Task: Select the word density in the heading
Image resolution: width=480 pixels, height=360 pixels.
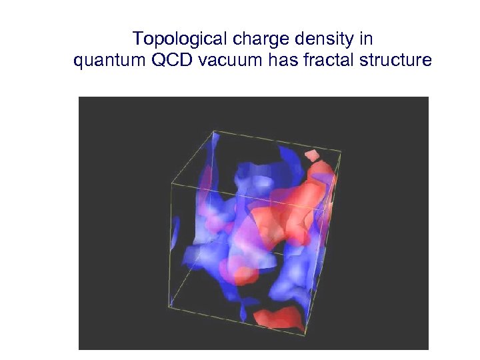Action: click(307, 38)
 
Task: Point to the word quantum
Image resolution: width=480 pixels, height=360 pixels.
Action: click(107, 61)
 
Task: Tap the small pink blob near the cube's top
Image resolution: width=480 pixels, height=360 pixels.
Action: click(311, 156)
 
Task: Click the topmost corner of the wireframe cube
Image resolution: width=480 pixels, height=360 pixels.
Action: click(215, 132)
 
